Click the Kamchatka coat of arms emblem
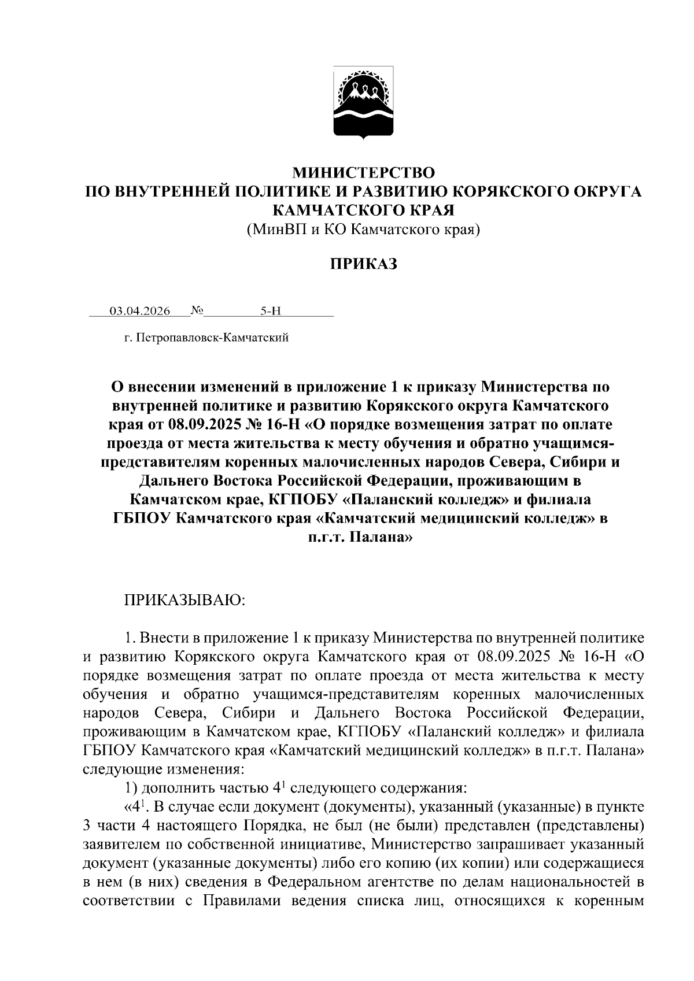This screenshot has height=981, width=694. [363, 103]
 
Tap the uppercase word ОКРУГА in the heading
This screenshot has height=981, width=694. [607, 191]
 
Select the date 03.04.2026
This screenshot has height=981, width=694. [140, 311]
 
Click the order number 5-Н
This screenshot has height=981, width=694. [270, 311]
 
